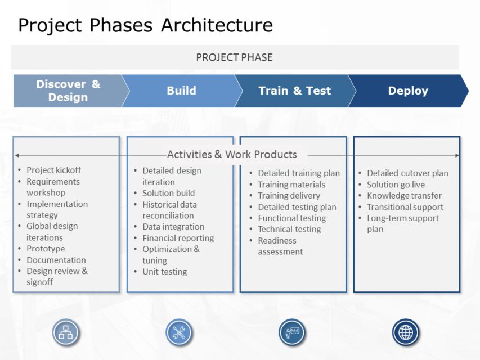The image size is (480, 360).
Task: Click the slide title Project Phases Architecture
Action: (x=145, y=25)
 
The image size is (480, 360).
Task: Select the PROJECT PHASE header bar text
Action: (x=234, y=57)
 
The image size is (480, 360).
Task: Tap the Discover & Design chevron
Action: (x=68, y=91)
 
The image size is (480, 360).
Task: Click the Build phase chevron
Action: (x=181, y=91)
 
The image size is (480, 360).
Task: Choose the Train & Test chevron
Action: (x=294, y=91)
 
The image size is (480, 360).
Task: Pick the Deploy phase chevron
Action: (x=408, y=91)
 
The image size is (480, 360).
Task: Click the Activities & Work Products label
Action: (x=232, y=154)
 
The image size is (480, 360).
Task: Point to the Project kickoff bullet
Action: (x=53, y=170)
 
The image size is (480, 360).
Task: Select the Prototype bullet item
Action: (x=46, y=249)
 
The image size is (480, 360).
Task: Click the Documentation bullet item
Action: (x=56, y=260)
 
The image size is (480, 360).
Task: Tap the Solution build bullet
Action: (x=168, y=193)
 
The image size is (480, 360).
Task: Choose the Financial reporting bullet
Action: (x=178, y=238)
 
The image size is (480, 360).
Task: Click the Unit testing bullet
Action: (x=164, y=272)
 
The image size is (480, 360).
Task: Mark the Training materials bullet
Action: (x=291, y=184)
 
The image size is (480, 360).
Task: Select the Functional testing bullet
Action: (x=291, y=218)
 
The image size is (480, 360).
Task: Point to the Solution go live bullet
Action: (x=396, y=184)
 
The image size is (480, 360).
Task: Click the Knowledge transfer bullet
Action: (x=404, y=196)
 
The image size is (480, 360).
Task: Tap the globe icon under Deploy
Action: (x=405, y=332)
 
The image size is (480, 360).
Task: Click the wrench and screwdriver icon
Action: (x=179, y=332)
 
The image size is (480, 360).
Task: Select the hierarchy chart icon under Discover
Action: (x=66, y=332)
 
